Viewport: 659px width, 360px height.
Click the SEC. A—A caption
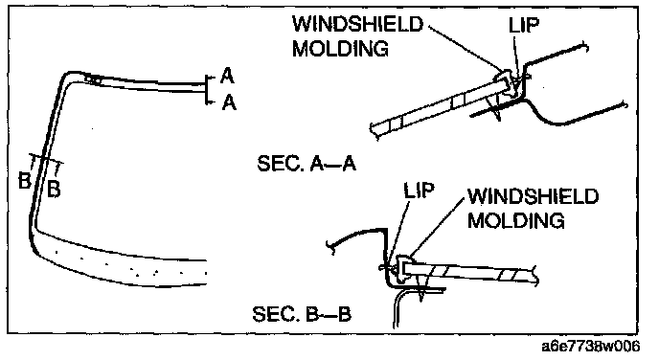[307, 163]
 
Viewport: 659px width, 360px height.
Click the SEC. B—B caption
[302, 313]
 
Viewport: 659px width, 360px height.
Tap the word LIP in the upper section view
[523, 26]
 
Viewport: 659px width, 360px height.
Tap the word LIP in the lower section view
[419, 191]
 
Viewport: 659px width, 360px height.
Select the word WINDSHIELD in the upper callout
[357, 24]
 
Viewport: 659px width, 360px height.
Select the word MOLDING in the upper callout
[340, 48]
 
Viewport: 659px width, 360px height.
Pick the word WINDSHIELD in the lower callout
[533, 195]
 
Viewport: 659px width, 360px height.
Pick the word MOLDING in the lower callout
[515, 220]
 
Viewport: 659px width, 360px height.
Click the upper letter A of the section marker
[227, 76]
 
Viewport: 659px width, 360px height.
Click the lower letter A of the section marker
[229, 102]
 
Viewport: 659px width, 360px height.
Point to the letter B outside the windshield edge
[25, 181]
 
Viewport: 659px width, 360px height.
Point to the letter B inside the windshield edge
[54, 189]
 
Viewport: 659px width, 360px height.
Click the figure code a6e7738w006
[590, 347]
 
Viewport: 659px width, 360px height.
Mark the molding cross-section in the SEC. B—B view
[403, 267]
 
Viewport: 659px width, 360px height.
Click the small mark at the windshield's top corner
[94, 79]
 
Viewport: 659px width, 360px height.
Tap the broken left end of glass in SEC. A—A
[375, 131]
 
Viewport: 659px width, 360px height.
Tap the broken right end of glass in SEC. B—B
[534, 275]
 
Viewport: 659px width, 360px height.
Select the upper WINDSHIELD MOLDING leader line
[466, 47]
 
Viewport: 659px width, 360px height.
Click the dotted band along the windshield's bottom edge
[126, 263]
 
